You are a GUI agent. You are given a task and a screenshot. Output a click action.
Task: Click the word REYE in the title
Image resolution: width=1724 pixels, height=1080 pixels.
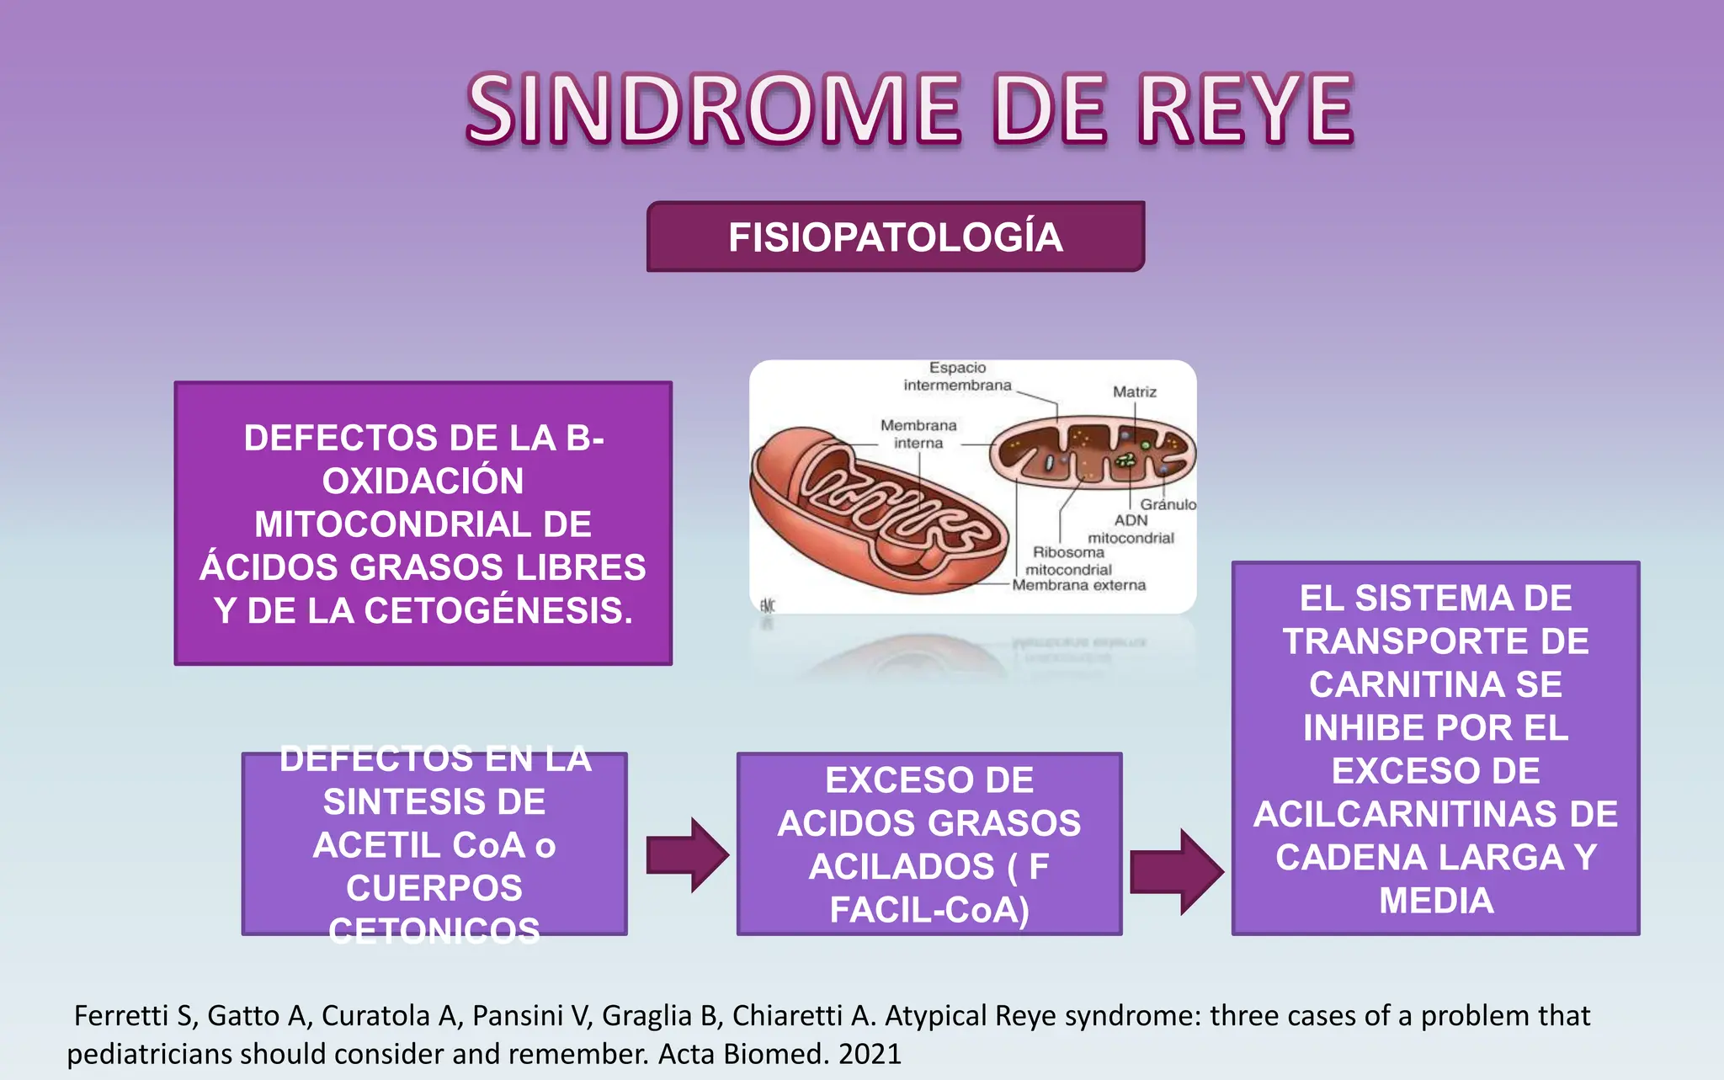(1246, 109)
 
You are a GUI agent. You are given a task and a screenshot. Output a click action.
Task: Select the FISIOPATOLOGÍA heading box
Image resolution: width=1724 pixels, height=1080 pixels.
(896, 237)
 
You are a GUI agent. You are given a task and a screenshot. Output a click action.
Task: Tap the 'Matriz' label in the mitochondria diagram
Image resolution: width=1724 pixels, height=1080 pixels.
(1134, 392)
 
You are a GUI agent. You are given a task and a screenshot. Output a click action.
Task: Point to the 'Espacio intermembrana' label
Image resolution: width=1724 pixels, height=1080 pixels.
(958, 376)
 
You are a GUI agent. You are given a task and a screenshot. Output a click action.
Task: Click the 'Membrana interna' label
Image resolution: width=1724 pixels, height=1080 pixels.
(918, 434)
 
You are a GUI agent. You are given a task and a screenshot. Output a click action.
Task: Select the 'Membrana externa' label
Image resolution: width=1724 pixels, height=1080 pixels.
(1078, 585)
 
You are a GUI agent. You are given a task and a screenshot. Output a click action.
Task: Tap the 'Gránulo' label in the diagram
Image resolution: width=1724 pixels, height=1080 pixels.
(1168, 504)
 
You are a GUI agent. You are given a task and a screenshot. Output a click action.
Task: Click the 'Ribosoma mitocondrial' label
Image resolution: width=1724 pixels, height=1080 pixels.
(1068, 561)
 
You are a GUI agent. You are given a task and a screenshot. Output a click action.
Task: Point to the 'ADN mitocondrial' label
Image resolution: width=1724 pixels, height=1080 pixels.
(1131, 529)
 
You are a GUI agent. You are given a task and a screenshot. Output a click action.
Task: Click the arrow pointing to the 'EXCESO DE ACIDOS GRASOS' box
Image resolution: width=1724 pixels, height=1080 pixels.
(687, 854)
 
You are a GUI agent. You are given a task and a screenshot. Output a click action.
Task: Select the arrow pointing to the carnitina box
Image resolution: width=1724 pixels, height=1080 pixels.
(1176, 871)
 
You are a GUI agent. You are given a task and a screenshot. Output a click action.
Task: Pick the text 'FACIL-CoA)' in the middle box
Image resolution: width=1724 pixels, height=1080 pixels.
(929, 910)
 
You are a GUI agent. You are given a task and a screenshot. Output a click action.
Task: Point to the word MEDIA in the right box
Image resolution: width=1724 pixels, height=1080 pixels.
(1436, 901)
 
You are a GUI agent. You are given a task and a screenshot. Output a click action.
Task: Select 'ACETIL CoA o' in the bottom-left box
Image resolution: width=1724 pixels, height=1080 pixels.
(434, 845)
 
